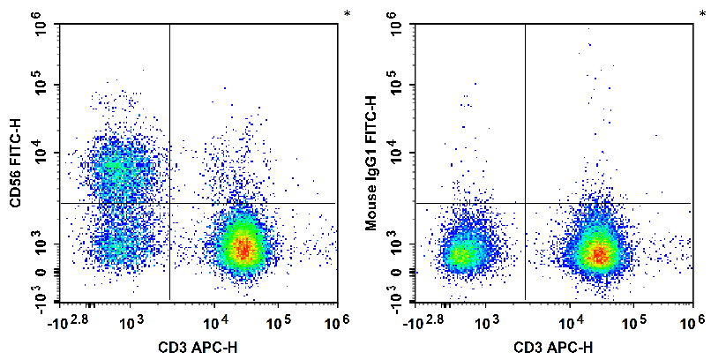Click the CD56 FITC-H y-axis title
click(x=16, y=164)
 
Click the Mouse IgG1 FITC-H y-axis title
click(x=372, y=164)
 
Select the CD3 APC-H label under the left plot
click(x=198, y=347)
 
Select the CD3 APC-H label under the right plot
click(x=555, y=347)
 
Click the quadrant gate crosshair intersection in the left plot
click(x=168, y=203)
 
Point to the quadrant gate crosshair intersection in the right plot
click(x=525, y=203)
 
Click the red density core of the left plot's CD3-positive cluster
click(x=242, y=248)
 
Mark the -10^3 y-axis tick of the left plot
click(x=41, y=299)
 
